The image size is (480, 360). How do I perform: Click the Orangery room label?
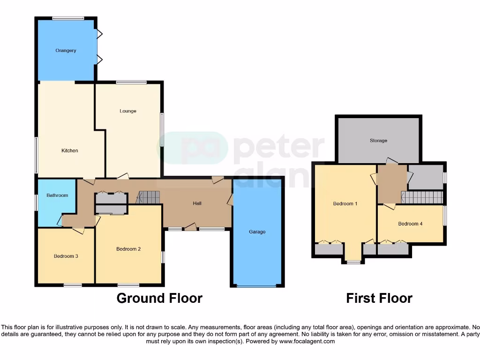66,51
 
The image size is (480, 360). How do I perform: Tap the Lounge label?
128,111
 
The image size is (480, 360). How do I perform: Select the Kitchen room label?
70,150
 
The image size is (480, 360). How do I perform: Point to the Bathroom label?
57,195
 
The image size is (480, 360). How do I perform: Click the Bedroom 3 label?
66,256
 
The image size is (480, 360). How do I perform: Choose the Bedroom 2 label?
128,249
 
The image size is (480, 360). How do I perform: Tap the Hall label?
197,203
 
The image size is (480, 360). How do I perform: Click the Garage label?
257,232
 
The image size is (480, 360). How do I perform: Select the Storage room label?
378,141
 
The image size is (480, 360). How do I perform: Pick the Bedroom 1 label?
345,204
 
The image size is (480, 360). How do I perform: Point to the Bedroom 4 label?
410,224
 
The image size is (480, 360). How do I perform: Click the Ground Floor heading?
159,298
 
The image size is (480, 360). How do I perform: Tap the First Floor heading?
379,298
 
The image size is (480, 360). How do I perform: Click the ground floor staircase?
149,197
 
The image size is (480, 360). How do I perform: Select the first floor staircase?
422,197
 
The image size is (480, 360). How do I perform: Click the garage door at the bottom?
257,285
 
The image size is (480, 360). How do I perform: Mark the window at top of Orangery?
68,18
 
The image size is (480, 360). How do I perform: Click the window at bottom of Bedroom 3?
73,285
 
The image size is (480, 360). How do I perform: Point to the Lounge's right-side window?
163,129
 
